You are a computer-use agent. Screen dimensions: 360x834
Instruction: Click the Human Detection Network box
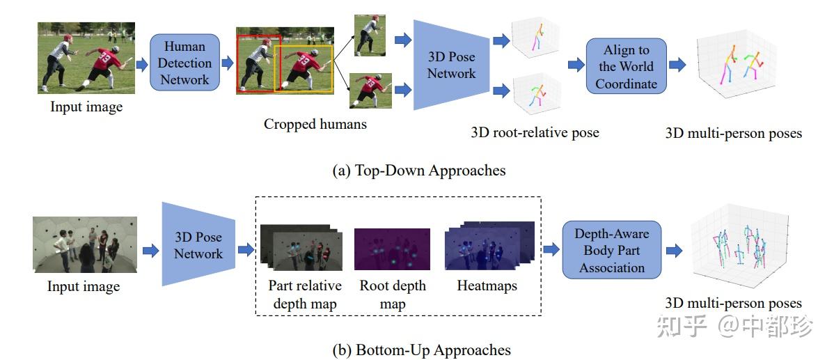pyautogui.click(x=184, y=63)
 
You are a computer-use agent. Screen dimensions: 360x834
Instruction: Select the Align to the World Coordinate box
pyautogui.click(x=626, y=67)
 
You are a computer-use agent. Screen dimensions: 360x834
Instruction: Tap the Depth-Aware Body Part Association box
pyautogui.click(x=611, y=251)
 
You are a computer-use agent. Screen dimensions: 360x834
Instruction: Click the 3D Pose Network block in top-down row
pyautogui.click(x=450, y=65)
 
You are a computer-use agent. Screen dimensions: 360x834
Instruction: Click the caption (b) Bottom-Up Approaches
pyautogui.click(x=432, y=350)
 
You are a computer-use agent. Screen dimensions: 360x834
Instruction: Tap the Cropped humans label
pyautogui.click(x=315, y=124)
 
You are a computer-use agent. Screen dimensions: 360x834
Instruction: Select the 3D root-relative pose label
pyautogui.click(x=535, y=132)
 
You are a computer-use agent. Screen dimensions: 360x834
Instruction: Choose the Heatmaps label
pyautogui.click(x=487, y=285)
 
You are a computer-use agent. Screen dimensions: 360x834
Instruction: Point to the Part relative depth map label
pyautogui.click(x=305, y=295)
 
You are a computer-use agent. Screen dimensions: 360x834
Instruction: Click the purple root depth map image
pyautogui.click(x=393, y=249)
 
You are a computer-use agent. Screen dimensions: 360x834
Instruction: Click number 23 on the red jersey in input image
pyautogui.click(x=105, y=56)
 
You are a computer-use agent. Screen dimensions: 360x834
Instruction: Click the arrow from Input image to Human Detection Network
pyautogui.click(x=142, y=64)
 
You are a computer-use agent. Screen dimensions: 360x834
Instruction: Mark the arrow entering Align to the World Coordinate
pyautogui.click(x=576, y=65)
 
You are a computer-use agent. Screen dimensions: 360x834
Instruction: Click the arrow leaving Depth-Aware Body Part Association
pyautogui.click(x=673, y=251)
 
